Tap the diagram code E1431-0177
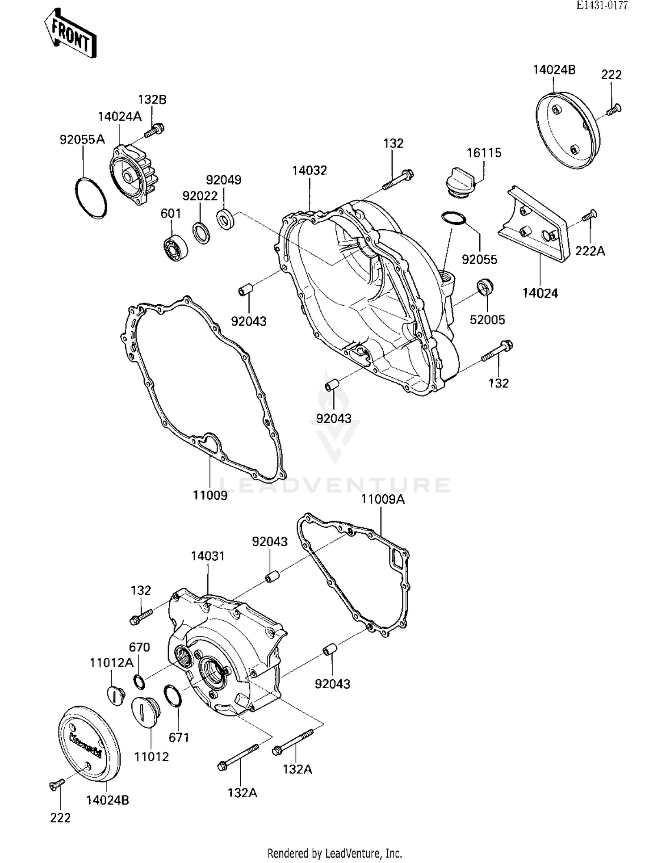pyautogui.click(x=602, y=5)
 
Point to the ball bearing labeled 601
pyautogui.click(x=175, y=248)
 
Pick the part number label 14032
pyautogui.click(x=310, y=171)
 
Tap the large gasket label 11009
pyautogui.click(x=210, y=495)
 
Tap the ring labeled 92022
pyautogui.click(x=201, y=232)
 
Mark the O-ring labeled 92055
pyautogui.click(x=454, y=218)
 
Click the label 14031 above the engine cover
pyautogui.click(x=208, y=556)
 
